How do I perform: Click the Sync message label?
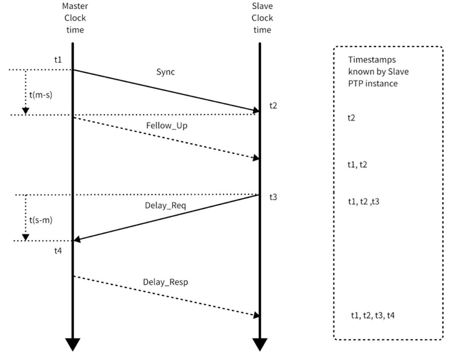pos(166,71)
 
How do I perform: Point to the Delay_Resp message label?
pos(166,282)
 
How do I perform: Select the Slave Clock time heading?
pos(262,19)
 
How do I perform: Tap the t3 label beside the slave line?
pos(274,196)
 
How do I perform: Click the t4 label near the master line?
pos(58,251)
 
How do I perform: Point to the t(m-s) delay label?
pos(42,95)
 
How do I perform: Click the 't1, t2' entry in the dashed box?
pos(358,165)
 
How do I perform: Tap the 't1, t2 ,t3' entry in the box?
pos(363,201)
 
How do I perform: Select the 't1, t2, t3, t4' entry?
pos(373,315)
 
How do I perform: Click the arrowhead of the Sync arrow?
pos(255,111)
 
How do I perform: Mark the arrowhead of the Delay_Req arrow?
pos(78,240)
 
